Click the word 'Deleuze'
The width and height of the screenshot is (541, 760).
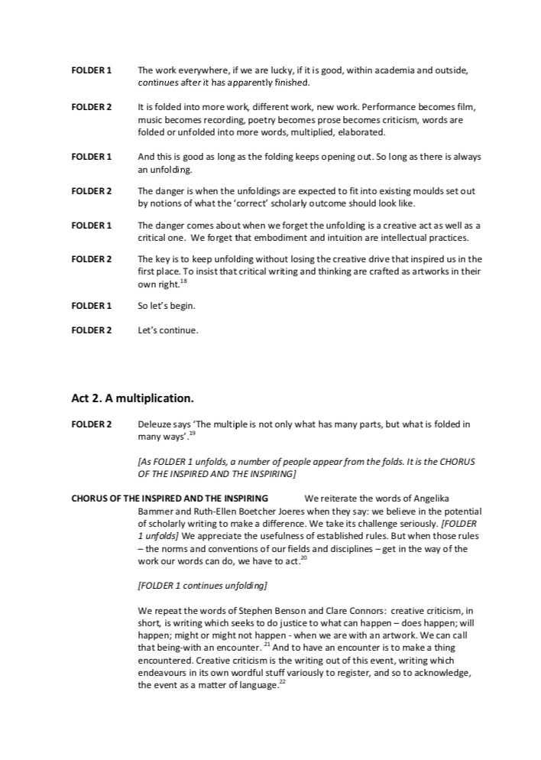154,424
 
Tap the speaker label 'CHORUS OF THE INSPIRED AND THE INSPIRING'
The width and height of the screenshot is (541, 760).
170,499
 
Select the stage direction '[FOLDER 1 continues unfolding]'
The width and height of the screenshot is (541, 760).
202,586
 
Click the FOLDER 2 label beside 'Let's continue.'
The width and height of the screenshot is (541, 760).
92,331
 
